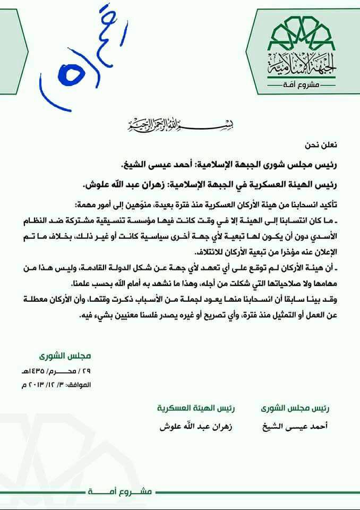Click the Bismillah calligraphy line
pyautogui.click(x=181, y=125)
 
